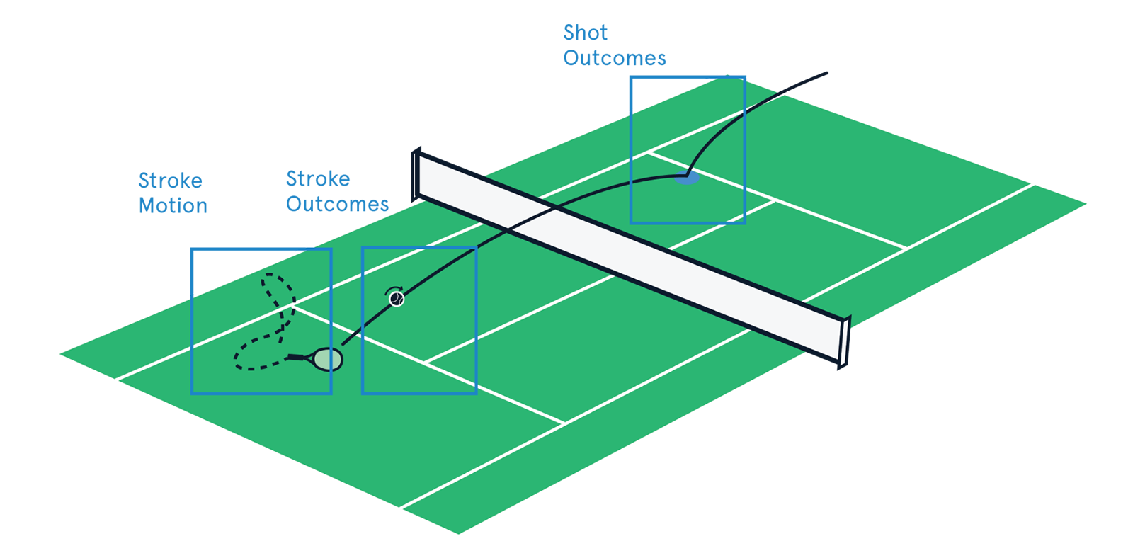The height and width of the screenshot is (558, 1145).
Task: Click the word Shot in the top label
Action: pos(585,33)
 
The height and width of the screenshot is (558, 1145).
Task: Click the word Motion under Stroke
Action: pos(173,206)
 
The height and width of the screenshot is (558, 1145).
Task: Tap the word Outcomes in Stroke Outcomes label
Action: pos(338,205)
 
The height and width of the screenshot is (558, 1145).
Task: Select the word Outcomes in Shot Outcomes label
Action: pos(615,58)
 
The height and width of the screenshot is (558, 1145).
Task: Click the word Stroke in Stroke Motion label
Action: pos(170,181)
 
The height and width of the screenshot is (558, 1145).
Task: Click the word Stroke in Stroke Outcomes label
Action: pos(318,178)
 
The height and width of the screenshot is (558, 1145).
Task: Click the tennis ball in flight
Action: pos(397,300)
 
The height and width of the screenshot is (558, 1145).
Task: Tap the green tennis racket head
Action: pos(328,359)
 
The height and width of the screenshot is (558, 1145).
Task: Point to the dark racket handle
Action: pos(296,357)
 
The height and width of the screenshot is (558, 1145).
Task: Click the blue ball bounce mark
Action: pos(686,178)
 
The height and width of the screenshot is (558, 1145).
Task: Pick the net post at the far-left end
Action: pos(416,172)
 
